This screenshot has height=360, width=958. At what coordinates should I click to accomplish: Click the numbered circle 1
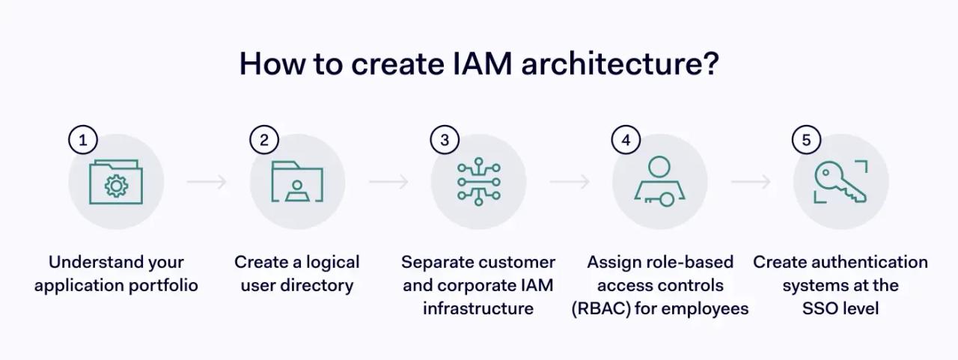click(x=83, y=139)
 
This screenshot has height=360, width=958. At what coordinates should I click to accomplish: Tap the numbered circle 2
click(x=264, y=139)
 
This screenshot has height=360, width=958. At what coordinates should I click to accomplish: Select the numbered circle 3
click(x=445, y=140)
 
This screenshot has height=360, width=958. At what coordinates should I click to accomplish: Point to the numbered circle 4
click(x=626, y=140)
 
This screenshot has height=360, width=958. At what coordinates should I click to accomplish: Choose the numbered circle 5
click(x=806, y=140)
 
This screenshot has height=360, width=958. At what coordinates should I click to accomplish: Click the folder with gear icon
click(x=116, y=182)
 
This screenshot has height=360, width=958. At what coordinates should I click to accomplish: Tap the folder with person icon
click(x=297, y=182)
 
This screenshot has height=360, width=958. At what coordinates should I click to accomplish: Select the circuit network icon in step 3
click(x=478, y=182)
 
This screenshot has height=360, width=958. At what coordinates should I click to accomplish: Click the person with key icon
click(x=659, y=182)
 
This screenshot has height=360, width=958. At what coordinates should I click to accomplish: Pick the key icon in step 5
click(x=840, y=182)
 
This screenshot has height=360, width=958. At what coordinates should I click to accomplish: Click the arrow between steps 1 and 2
click(x=207, y=182)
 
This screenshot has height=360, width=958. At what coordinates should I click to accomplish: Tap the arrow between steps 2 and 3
click(x=388, y=182)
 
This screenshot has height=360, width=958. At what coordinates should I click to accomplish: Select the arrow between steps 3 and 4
click(x=569, y=182)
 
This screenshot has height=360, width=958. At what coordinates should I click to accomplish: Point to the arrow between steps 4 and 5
click(x=751, y=182)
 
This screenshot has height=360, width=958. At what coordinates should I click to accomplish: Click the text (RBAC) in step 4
click(x=600, y=308)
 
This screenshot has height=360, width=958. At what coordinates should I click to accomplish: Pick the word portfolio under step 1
click(x=168, y=285)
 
